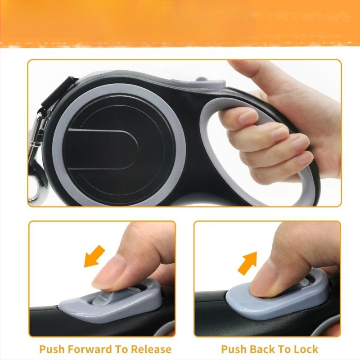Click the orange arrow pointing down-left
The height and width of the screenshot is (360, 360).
(94, 256)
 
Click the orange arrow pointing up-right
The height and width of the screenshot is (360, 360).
(247, 263)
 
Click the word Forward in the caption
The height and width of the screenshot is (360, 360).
(89, 349)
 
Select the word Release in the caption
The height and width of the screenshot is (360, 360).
(151, 349)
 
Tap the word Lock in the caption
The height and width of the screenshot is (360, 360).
(306, 349)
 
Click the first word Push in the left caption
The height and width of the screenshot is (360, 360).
(52, 349)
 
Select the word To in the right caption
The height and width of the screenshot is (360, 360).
(283, 349)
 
